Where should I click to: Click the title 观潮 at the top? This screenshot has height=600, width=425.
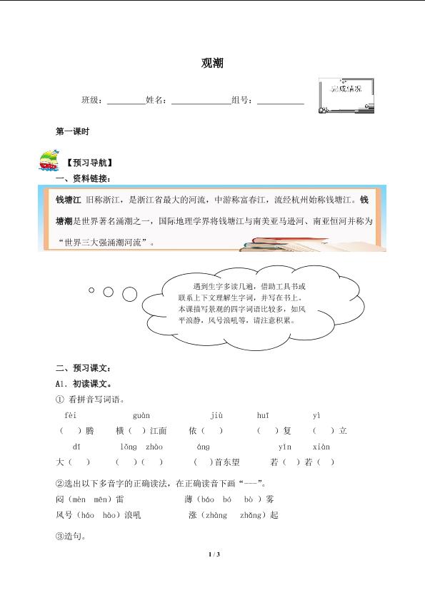212,63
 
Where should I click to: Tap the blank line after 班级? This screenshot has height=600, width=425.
126,101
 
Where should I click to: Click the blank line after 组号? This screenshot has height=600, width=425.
280,101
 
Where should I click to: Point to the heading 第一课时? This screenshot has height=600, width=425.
71,131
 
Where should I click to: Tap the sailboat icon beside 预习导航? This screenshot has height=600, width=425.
49,161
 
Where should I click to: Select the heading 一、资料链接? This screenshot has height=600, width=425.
83,178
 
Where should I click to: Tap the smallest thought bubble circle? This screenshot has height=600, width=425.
91,290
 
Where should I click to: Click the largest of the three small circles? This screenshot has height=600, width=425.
129,293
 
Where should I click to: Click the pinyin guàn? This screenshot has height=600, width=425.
141,415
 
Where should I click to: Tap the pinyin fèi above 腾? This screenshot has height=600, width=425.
70,415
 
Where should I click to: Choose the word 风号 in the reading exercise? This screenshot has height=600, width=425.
64,514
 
